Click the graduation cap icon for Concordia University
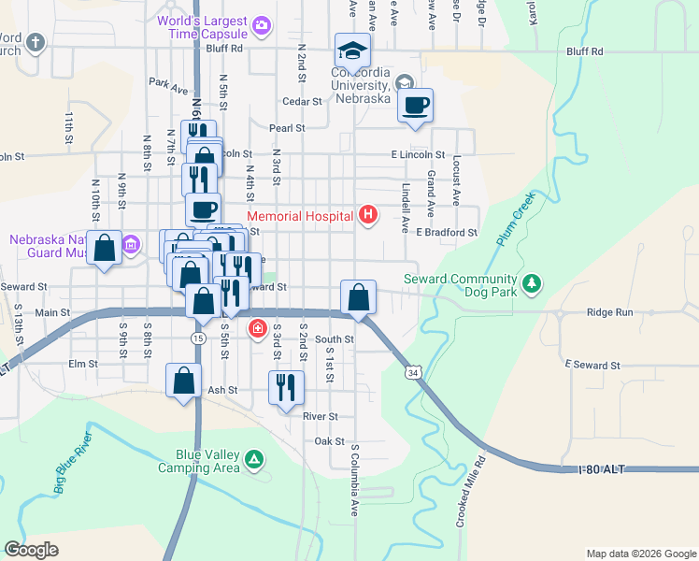click(x=353, y=50)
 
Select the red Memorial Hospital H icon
click(x=368, y=216)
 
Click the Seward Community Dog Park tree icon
click(x=532, y=282)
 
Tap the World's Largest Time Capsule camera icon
click(x=263, y=24)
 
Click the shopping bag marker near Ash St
click(x=184, y=381)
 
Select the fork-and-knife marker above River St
click(x=287, y=386)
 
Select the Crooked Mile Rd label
click(x=472, y=493)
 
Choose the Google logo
click(x=32, y=550)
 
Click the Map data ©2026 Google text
click(x=640, y=554)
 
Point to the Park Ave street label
click(x=168, y=86)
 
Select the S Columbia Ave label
click(x=355, y=480)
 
